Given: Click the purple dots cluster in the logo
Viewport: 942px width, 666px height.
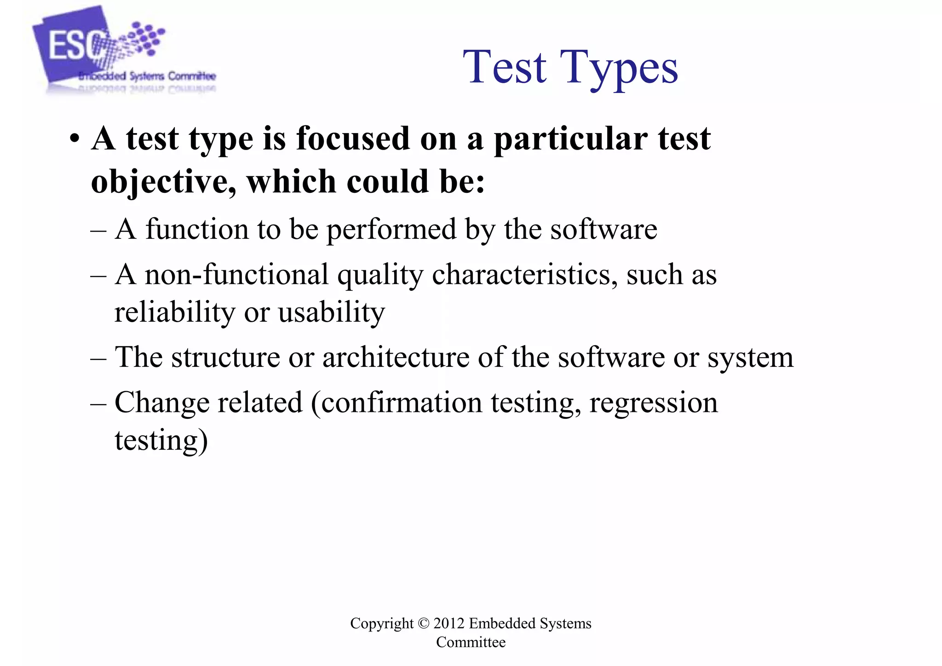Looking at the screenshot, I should tap(145, 37).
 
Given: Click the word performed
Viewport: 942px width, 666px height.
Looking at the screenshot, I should tap(391, 229).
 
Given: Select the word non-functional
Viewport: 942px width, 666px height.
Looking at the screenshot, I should tap(237, 274).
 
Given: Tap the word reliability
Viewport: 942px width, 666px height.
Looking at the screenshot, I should tap(175, 312).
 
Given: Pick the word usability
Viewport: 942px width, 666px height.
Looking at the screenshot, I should tap(331, 312).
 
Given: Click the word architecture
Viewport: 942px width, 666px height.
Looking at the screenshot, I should tap(396, 357).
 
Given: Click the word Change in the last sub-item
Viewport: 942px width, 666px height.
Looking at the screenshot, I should tap(162, 402).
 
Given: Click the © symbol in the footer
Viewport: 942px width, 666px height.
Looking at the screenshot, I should tap(423, 623).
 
